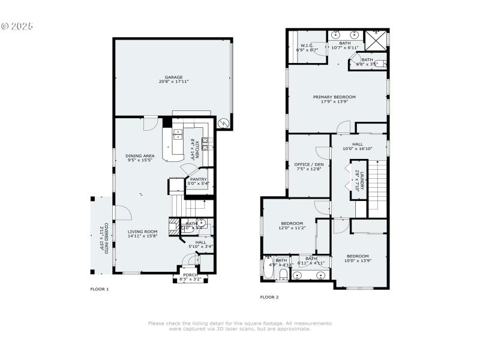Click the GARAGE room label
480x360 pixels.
pyautogui.click(x=173, y=77)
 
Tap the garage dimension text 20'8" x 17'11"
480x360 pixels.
pyautogui.click(x=173, y=82)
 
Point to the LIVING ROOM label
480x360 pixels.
pyautogui.click(x=142, y=231)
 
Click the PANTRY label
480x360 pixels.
pyautogui.click(x=198, y=179)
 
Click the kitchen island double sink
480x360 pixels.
pyautogui.click(x=178, y=134)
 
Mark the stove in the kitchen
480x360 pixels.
pyautogui.click(x=205, y=143)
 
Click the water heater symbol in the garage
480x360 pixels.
pyautogui.click(x=223, y=123)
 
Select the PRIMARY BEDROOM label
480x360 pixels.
pyautogui.click(x=334, y=97)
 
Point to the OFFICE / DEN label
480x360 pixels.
pyautogui.click(x=308, y=164)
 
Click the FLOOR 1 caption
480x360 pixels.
pyautogui.click(x=99, y=289)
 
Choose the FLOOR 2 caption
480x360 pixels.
pyautogui.click(x=269, y=297)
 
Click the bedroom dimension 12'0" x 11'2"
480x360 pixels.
pyautogui.click(x=292, y=228)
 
